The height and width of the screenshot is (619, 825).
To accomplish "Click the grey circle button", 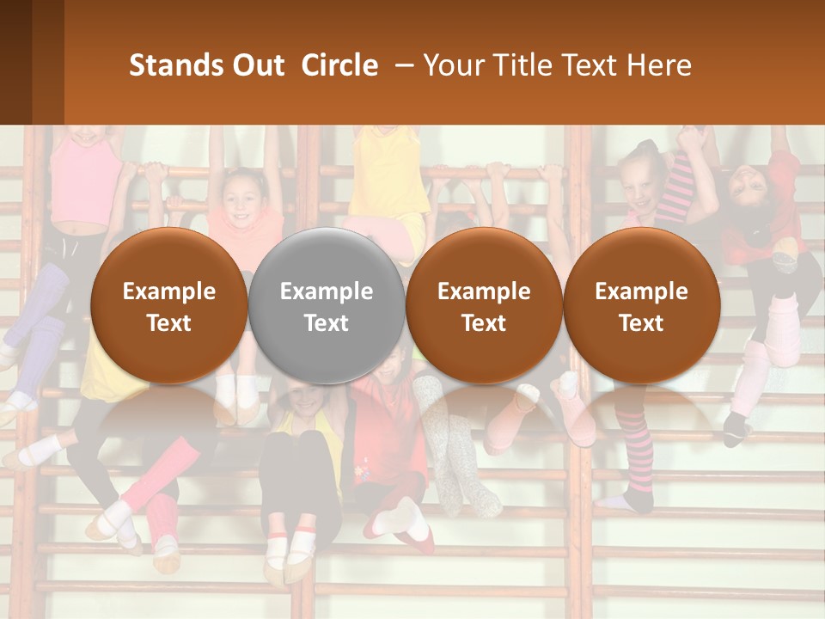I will [327, 305].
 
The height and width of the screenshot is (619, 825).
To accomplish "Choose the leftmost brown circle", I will [169, 305].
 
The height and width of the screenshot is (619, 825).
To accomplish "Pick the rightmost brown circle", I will [641, 305].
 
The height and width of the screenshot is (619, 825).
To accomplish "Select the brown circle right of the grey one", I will [484, 305].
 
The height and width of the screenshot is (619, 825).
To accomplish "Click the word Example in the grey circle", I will [327, 291].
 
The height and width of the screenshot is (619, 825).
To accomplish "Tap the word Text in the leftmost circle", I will [169, 323].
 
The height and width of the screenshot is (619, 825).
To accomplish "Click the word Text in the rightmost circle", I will [641, 323].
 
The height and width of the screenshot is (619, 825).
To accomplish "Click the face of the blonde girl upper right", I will [640, 185].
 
